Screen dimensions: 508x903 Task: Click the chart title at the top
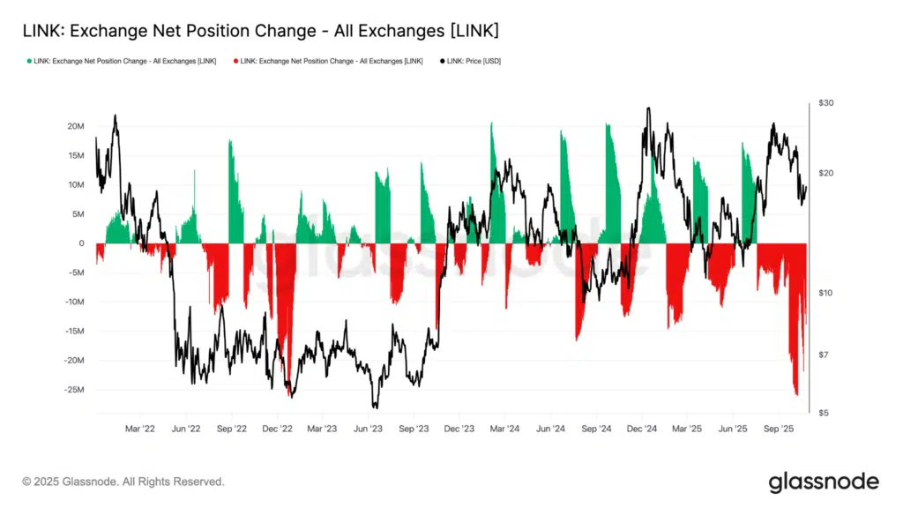[x=260, y=32]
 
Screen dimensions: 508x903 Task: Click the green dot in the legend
[x=31, y=61]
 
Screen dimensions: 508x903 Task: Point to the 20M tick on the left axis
[x=76, y=126]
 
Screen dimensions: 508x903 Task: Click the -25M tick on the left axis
[x=74, y=390]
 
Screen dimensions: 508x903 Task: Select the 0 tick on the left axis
[x=81, y=243]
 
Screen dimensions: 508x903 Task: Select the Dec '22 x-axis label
[x=277, y=429]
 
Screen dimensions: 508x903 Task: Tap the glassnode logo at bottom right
[x=824, y=482]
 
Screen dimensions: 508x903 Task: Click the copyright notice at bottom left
[x=123, y=482]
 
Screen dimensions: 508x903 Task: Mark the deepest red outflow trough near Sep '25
[x=796, y=394]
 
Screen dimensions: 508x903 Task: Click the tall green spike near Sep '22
[x=230, y=141]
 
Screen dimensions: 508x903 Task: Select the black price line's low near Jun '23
[x=375, y=407]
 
